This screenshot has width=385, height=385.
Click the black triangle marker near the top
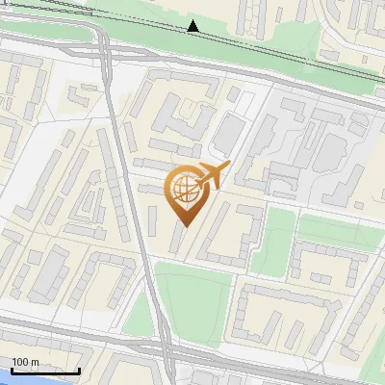click(x=193, y=26)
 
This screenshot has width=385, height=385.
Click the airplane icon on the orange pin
click(x=213, y=176)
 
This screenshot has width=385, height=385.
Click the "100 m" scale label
click(x=26, y=362)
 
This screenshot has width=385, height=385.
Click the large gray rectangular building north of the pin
click(x=223, y=135)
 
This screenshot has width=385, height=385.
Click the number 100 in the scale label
click(x=20, y=362)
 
